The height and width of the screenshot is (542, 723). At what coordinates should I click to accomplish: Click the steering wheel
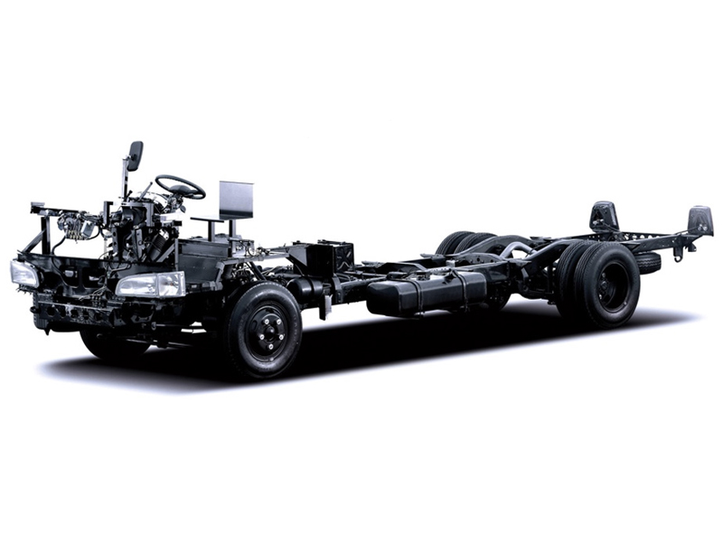pos(180,187)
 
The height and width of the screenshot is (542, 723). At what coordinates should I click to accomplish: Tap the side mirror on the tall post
pos(135,155)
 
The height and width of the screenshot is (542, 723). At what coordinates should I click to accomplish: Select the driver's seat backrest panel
pos(236,200)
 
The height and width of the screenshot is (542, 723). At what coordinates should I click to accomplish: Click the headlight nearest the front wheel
pos(151,285)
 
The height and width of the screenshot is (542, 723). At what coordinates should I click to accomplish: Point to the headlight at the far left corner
pos(24,273)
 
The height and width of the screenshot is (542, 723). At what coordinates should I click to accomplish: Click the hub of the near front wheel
pos(267,331)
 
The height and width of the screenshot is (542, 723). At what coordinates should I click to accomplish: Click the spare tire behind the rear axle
pos(647,263)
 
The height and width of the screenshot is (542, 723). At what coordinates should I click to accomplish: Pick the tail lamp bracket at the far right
pos(700,220)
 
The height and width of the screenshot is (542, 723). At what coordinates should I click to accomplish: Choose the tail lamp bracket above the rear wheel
pos(604,217)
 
